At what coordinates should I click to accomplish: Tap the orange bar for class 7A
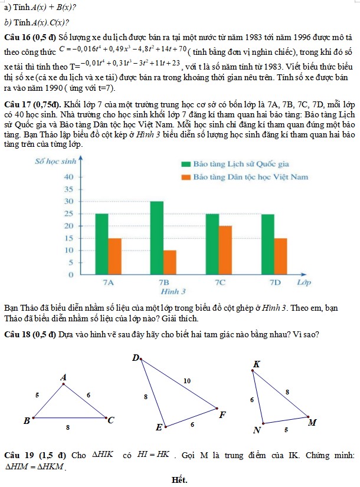tap(114, 256)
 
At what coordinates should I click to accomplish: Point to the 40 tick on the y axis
tap(68, 177)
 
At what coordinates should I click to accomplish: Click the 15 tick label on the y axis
tap(68, 238)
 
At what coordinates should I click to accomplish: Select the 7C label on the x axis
tap(220, 282)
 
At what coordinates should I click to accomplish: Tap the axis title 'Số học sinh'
tap(57, 161)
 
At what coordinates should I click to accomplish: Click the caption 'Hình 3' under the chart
tap(174, 291)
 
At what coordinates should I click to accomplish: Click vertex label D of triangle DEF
tap(135, 357)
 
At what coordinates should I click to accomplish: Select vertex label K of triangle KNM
tap(256, 364)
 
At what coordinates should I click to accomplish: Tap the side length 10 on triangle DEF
tap(187, 381)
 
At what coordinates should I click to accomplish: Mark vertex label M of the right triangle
tap(313, 422)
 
